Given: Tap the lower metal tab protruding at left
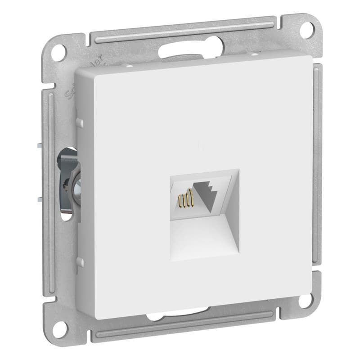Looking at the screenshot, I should [36, 198].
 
